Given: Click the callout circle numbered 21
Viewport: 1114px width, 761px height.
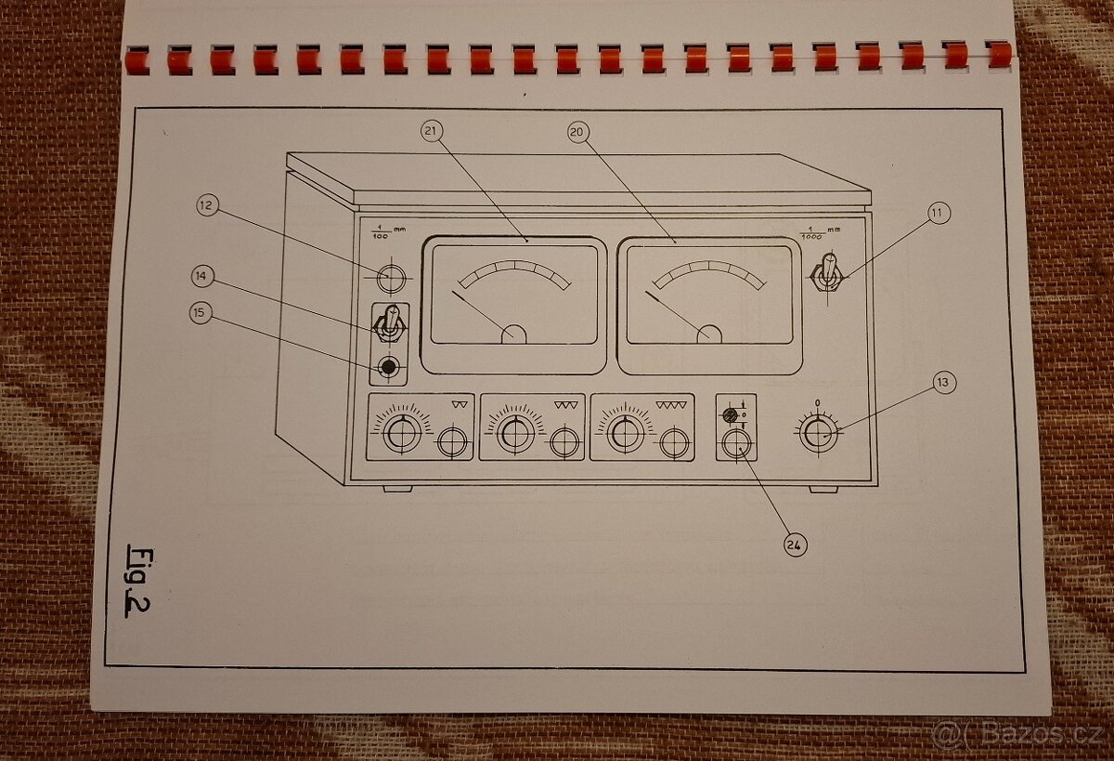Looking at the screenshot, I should (430, 132).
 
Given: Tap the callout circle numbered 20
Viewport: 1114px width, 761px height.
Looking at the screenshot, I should (577, 133).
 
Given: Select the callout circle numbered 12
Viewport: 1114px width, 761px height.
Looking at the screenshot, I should (208, 205).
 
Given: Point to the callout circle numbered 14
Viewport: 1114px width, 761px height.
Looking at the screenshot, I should (203, 276).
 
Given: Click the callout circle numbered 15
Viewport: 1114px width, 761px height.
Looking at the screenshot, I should (201, 313).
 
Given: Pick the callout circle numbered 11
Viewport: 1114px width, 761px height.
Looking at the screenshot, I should (938, 213).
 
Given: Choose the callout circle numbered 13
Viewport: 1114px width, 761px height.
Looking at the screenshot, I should (943, 381).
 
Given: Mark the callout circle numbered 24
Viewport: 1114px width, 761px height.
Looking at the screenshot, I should (794, 545).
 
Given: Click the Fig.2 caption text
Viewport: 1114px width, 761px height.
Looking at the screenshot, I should (139, 580).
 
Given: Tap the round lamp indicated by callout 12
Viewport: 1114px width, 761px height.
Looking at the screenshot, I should (391, 277).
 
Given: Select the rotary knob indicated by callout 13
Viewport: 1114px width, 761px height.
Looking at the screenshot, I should (818, 433).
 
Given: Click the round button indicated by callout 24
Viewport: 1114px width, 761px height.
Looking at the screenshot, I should (736, 442).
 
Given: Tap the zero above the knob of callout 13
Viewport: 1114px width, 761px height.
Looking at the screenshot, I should (817, 402).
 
